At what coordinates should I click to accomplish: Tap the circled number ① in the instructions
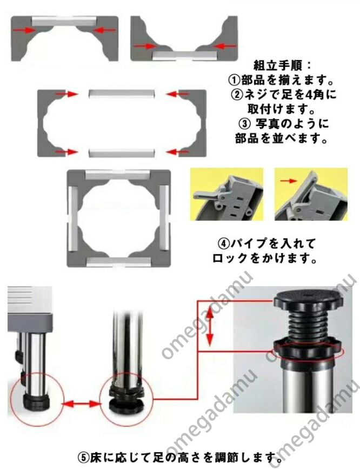[x=235, y=80]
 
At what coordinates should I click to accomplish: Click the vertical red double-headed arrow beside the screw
[x=210, y=327]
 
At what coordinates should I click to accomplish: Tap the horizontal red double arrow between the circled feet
[x=81, y=404]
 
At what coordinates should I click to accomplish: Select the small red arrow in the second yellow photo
[x=289, y=181]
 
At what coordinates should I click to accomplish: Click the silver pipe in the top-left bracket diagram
[x=64, y=22]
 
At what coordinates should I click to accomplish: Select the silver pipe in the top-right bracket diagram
[x=184, y=55]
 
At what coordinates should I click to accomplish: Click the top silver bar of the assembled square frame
[x=118, y=175]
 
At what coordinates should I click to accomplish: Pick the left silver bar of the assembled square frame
[x=73, y=218]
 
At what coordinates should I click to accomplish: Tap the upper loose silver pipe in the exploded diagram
[x=122, y=94]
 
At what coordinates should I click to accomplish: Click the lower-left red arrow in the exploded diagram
[x=67, y=152]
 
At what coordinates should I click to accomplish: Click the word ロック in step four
[x=230, y=259]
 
